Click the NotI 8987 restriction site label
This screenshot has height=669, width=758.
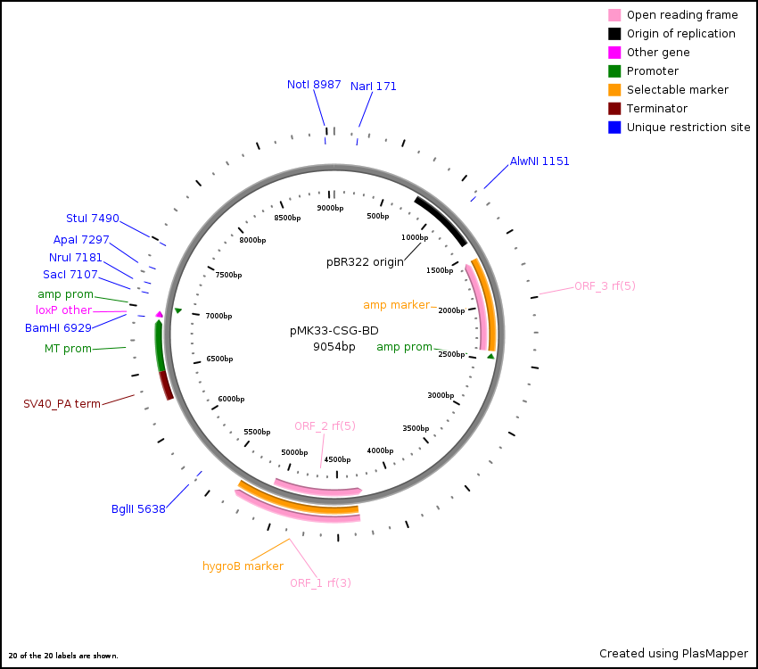[x=314, y=85]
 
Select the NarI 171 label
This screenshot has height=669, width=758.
[x=373, y=87]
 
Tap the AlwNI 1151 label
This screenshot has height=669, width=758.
[x=540, y=161]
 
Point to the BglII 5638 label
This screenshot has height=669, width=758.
[x=138, y=509]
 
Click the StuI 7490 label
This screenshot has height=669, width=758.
[x=92, y=219]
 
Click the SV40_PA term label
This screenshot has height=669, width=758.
[x=62, y=404]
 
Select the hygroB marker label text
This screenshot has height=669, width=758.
[x=243, y=566]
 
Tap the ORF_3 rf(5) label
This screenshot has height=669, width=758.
[x=605, y=286]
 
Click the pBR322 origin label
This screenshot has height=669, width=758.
[x=365, y=262]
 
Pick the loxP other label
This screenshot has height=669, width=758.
[x=63, y=310]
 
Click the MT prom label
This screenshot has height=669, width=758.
[x=68, y=349]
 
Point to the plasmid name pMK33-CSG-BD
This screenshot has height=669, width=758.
[x=334, y=331]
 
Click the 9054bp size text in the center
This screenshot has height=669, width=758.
[x=334, y=347]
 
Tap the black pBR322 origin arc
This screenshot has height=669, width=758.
[x=441, y=220]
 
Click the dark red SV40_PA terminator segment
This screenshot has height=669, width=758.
[x=166, y=386]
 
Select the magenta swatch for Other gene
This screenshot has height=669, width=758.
[x=614, y=53]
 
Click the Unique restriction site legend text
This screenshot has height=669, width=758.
[x=688, y=128]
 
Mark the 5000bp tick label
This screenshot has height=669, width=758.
[x=294, y=452]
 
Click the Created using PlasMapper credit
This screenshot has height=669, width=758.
[x=673, y=654]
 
